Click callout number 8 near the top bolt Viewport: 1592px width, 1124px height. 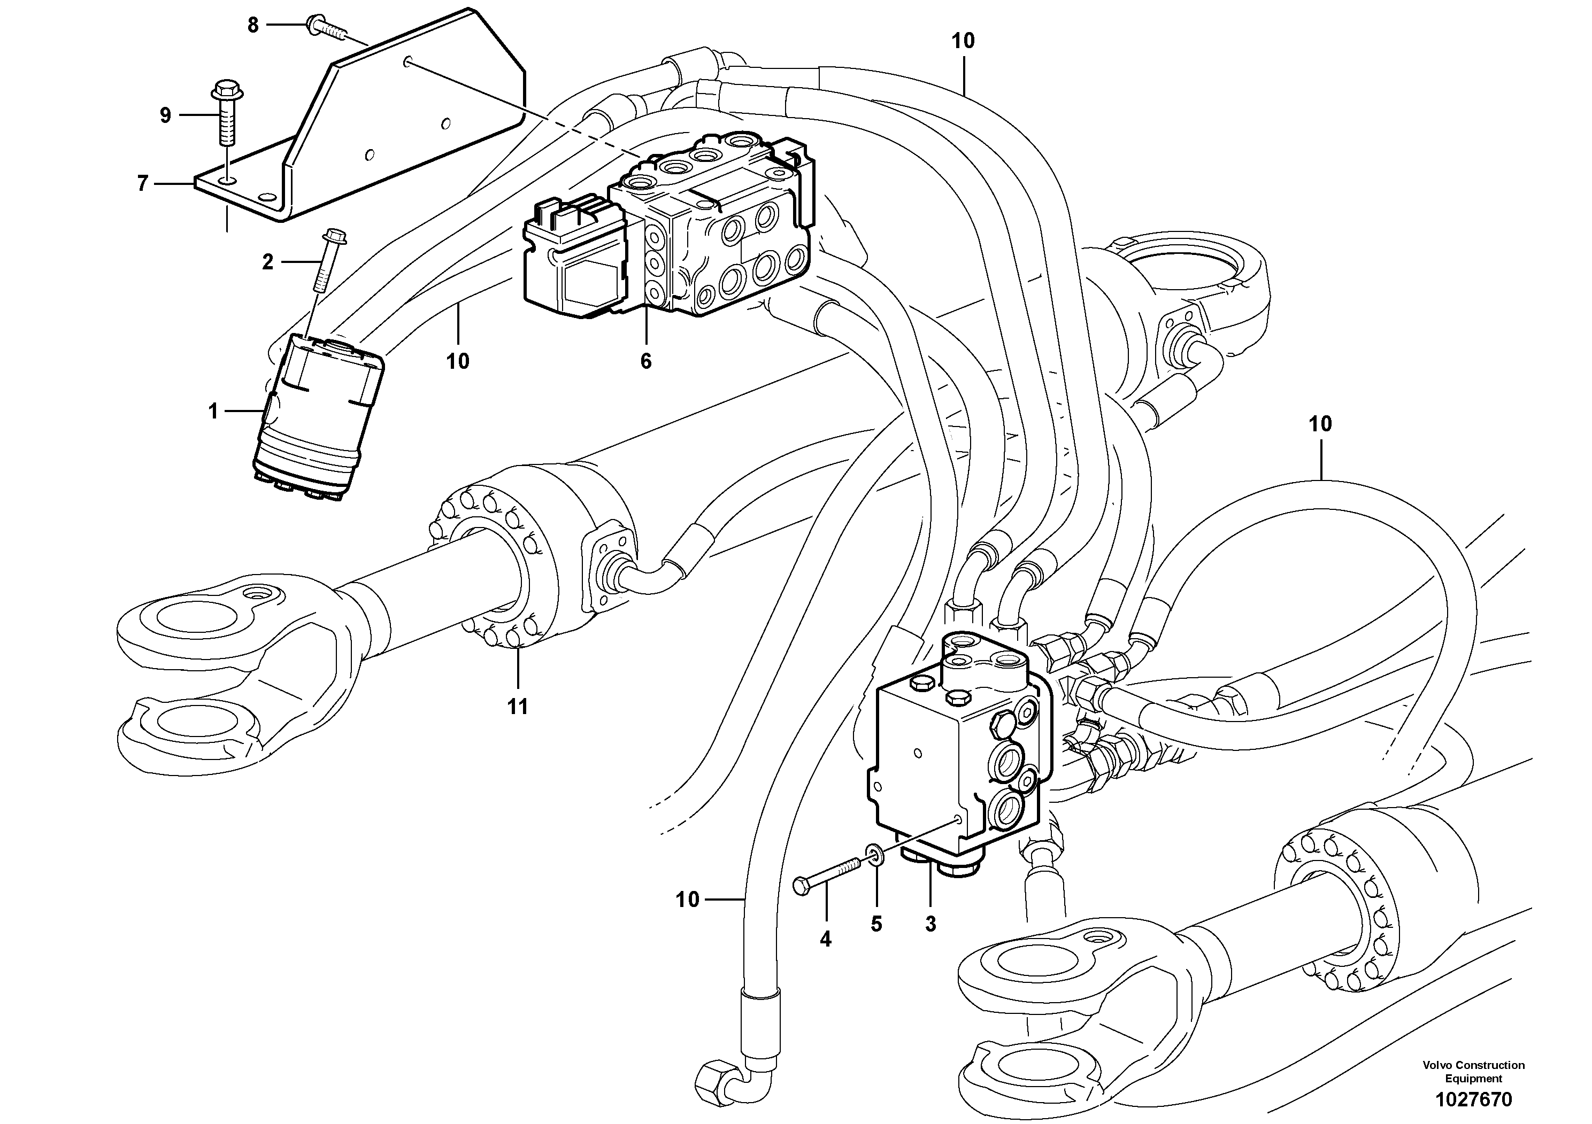(x=253, y=26)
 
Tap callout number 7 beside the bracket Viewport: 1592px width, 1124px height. (x=143, y=184)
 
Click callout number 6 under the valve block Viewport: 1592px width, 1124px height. (x=645, y=361)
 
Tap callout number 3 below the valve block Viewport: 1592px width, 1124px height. (x=930, y=924)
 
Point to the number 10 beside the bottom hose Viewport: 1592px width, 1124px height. (x=688, y=900)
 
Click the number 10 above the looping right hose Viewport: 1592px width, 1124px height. (x=1320, y=424)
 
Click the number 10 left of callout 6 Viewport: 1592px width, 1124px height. (x=458, y=361)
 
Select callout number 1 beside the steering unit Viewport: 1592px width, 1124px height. (x=213, y=412)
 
